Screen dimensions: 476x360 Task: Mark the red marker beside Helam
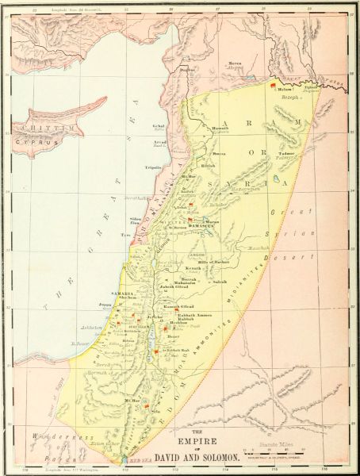(274, 83)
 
